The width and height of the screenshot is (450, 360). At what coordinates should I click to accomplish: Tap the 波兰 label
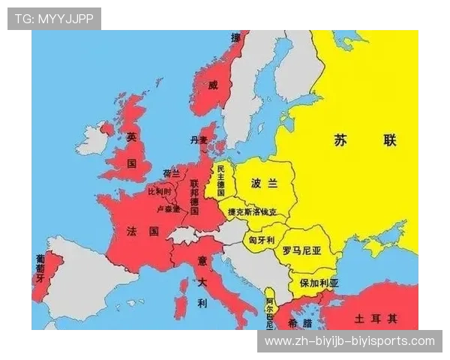pyautogui.click(x=264, y=183)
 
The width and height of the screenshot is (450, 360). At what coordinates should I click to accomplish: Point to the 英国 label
pyautogui.click(x=132, y=150)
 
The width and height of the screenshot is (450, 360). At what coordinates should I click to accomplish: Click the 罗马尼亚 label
pyautogui.click(x=301, y=252)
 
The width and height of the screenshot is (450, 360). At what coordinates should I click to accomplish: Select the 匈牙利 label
pyautogui.click(x=262, y=239)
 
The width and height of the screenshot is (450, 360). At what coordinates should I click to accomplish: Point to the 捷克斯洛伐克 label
pyautogui.click(x=257, y=212)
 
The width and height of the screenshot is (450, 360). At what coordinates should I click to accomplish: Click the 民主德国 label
pyautogui.click(x=220, y=178)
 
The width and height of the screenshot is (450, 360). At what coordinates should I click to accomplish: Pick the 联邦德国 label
pyautogui.click(x=194, y=196)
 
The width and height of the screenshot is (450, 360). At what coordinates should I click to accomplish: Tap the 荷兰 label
pyautogui.click(x=172, y=173)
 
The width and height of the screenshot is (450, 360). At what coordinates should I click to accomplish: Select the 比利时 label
pyautogui.click(x=160, y=192)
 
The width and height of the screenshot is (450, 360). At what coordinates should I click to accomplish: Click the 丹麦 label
pyautogui.click(x=199, y=140)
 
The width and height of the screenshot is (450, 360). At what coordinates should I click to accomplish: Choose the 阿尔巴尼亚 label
pyautogui.click(x=270, y=312)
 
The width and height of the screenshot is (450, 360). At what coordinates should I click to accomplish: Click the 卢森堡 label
pyautogui.click(x=168, y=208)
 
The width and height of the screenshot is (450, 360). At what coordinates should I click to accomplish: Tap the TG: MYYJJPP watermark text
pyautogui.click(x=54, y=18)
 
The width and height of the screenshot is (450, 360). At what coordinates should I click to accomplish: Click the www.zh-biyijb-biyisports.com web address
pyautogui.click(x=349, y=341)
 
